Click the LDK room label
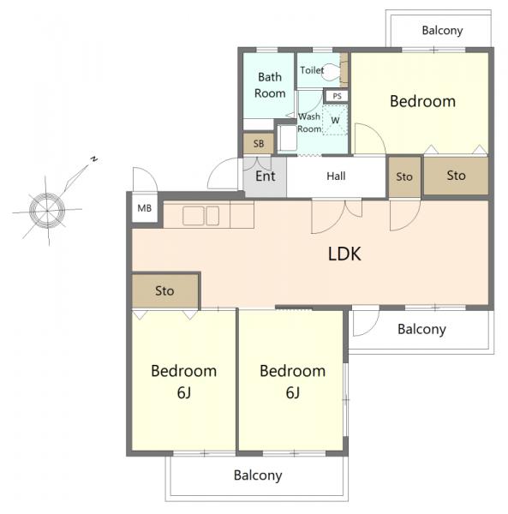[x=344, y=254]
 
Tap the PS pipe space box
[x=337, y=96]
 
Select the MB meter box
[x=145, y=208]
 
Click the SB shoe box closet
[x=259, y=144]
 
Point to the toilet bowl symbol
[x=332, y=72]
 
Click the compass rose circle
[x=47, y=210]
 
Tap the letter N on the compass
[x=94, y=159]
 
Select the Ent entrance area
[x=266, y=176]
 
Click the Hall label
[x=336, y=176]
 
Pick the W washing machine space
[x=335, y=120]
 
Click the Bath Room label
[x=270, y=85]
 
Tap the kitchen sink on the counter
[x=201, y=216]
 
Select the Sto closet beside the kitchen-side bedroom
[x=165, y=290]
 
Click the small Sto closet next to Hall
[x=404, y=177]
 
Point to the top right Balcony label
[x=442, y=31]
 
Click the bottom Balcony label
[x=258, y=475]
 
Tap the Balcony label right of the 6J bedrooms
[x=421, y=329]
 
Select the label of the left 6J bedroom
[x=184, y=381]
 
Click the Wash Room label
[x=309, y=123]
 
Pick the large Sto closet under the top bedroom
[x=456, y=176]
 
